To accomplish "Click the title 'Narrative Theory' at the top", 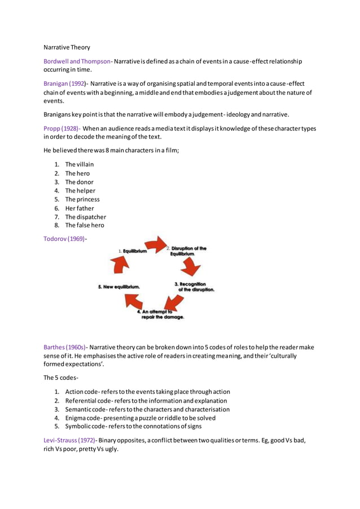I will pyautogui.click(x=67, y=47).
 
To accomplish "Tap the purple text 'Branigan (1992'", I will pyautogui.click(x=64, y=83).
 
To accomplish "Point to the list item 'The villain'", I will pyautogui.click(x=80, y=164).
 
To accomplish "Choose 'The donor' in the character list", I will pyautogui.click(x=79, y=182).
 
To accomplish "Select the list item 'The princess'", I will pyautogui.click(x=82, y=199).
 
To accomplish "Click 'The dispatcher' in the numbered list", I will pyautogui.click(x=85, y=217).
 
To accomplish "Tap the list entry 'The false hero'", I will pyautogui.click(x=85, y=225).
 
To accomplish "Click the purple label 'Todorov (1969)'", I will pyautogui.click(x=64, y=238).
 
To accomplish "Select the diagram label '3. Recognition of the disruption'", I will pyautogui.click(x=192, y=286).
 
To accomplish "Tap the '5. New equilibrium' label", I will pyautogui.click(x=119, y=287).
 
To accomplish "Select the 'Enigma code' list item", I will pyautogui.click(x=87, y=418).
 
